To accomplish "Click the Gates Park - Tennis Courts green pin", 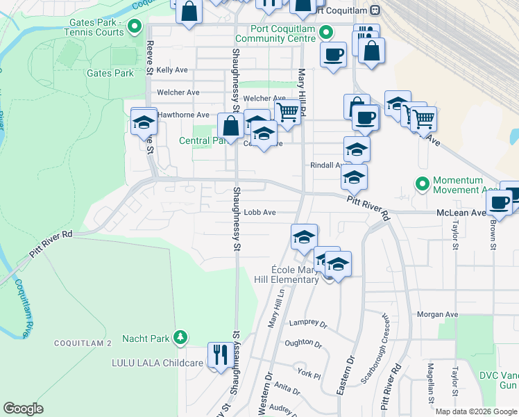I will [135, 28].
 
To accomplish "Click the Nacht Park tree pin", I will [180, 338].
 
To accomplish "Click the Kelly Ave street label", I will [172, 70].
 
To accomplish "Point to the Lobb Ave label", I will [260, 213].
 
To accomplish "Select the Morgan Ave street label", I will [438, 314].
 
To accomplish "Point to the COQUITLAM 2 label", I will [83, 343].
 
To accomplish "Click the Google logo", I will [24, 409].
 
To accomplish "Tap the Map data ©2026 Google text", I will [476, 411].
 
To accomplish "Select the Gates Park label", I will [110, 73].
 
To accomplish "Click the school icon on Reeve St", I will [144, 122].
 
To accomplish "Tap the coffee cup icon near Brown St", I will [498, 202].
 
